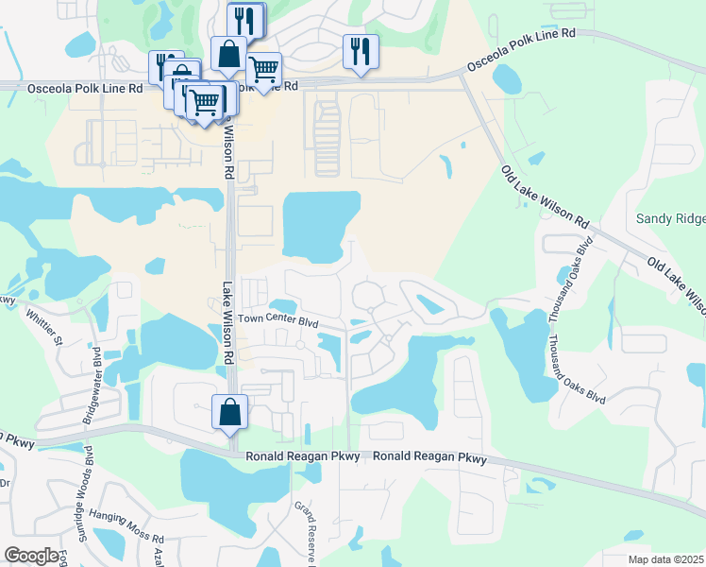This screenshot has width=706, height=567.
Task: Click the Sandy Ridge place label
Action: [x=670, y=218]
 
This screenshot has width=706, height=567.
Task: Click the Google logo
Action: [x=31, y=556]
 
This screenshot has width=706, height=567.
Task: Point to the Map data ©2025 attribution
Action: [x=664, y=559]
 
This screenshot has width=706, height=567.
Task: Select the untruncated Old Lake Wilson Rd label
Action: [x=545, y=196]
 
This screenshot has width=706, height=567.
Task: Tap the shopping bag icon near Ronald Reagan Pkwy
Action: [x=229, y=412]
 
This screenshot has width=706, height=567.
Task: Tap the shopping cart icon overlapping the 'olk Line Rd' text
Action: [x=263, y=68]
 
